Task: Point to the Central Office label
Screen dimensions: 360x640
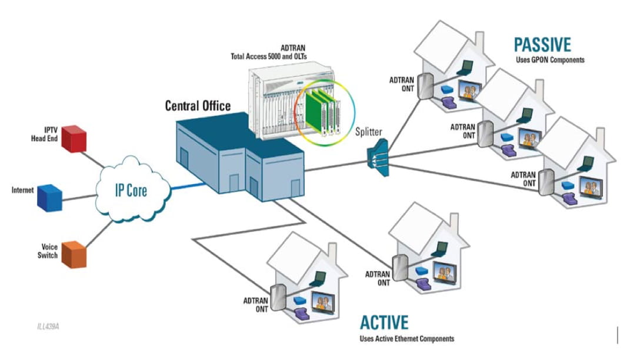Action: [198, 106]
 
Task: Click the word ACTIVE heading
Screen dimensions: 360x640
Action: [384, 322]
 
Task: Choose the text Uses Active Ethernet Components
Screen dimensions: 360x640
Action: [406, 339]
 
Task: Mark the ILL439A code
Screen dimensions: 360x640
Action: [48, 325]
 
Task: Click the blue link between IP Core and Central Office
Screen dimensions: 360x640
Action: [188, 187]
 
